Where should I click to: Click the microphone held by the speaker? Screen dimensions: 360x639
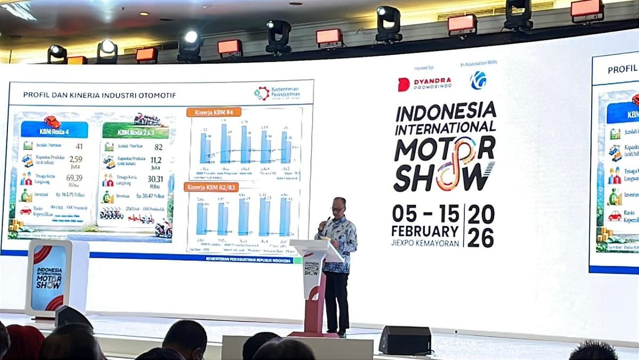click(x=326, y=220)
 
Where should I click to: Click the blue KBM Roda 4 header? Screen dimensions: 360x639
click(x=54, y=129)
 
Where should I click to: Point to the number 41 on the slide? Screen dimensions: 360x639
click(x=79, y=146)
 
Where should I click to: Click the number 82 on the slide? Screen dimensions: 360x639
click(x=158, y=146)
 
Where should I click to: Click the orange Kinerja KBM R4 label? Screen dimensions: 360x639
click(x=214, y=112)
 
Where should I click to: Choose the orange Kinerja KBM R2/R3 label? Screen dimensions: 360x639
click(x=211, y=187)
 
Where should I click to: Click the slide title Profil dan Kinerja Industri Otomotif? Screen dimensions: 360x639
click(x=100, y=95)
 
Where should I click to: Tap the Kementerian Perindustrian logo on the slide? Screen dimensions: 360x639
click(x=277, y=93)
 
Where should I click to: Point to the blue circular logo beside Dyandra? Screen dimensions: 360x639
click(x=478, y=80)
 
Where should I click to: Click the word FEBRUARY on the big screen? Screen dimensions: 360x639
click(x=424, y=231)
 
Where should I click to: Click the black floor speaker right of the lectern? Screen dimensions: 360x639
click(x=405, y=340)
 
